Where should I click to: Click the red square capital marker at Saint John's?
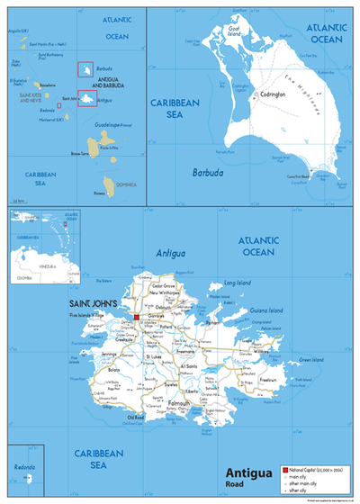tap(136, 317)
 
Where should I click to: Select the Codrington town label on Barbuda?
tap(273, 94)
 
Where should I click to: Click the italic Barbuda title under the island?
tap(207, 170)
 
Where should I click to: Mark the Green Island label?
tap(310, 361)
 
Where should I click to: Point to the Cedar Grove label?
tap(162, 285)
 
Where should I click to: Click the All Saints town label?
tap(189, 366)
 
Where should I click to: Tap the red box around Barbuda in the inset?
tap(85, 69)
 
